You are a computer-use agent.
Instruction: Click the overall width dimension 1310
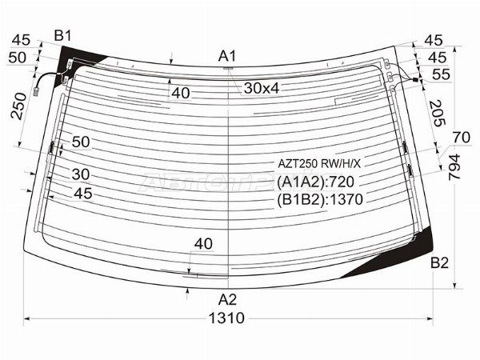[x=226, y=318]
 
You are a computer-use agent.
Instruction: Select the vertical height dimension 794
[x=454, y=167]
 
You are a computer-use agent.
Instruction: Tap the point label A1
[x=227, y=57]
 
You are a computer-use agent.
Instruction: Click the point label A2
[x=227, y=300]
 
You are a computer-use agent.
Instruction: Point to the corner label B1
[x=62, y=36]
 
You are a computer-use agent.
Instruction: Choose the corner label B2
[x=439, y=262]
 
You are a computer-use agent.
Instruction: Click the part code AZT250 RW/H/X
[x=319, y=164]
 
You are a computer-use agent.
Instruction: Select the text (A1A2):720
[x=316, y=182]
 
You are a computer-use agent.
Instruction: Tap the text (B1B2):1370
[x=320, y=199]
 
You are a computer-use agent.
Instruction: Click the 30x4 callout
[x=262, y=89]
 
